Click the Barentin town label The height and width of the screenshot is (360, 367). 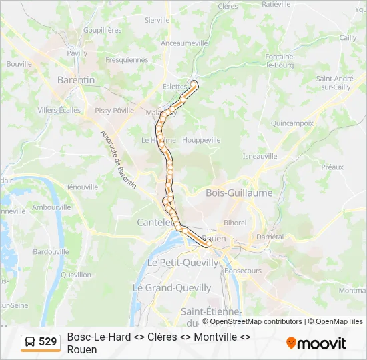77,79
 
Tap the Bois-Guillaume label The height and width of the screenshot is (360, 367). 240,193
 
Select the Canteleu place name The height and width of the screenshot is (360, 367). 155,221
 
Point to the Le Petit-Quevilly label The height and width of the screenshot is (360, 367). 182,263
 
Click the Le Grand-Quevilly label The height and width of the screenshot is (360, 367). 171,288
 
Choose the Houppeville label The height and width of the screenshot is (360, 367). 201,141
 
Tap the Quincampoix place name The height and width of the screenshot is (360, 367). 292,123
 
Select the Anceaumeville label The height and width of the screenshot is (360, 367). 185,43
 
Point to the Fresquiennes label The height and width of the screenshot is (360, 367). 127,59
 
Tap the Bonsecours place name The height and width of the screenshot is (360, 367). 243,271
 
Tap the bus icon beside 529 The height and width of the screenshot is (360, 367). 30,342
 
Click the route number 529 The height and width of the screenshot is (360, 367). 48,342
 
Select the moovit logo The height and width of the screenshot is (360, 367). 316,343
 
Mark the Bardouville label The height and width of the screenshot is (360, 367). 51,252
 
